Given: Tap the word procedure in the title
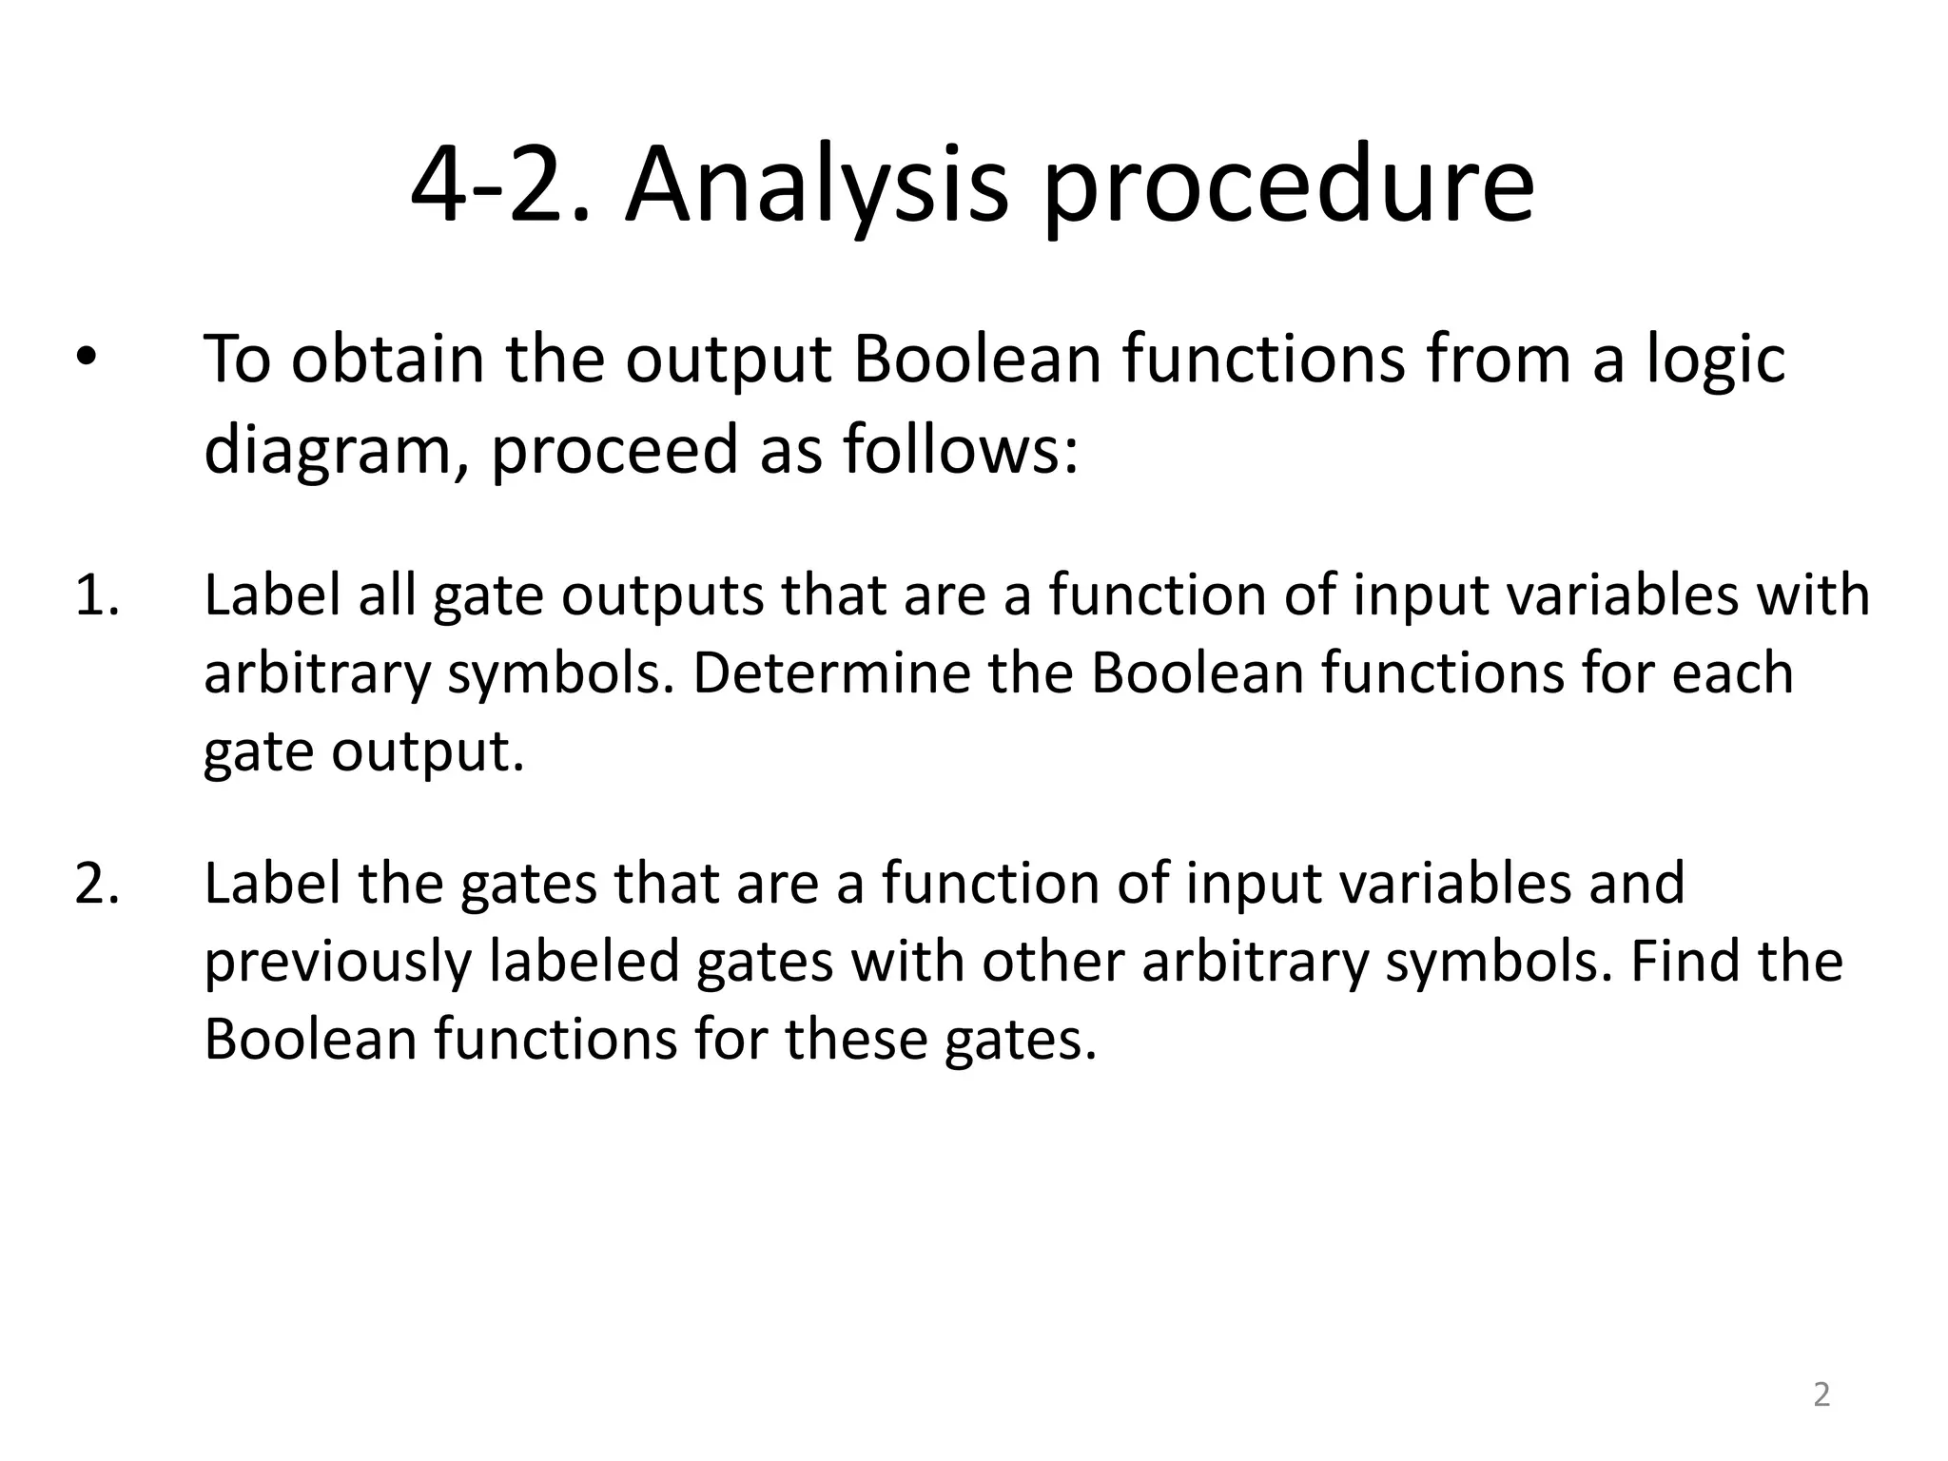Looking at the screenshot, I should tap(1288, 185).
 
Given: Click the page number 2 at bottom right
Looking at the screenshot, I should tap(1821, 1394).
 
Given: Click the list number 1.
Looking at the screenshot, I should tap(96, 596).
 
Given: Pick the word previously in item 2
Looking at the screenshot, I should tap(338, 962).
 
